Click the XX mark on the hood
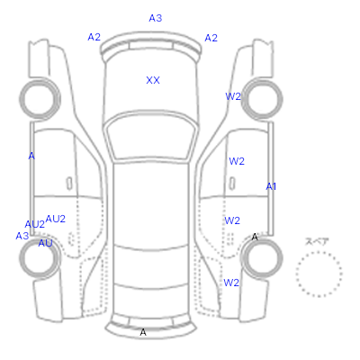153,80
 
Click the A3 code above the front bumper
156,18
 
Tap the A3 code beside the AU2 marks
22,236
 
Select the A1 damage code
271,186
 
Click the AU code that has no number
45,243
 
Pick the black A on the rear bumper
143,332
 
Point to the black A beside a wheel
255,237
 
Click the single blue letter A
31,156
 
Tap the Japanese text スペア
317,242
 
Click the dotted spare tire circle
319,252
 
